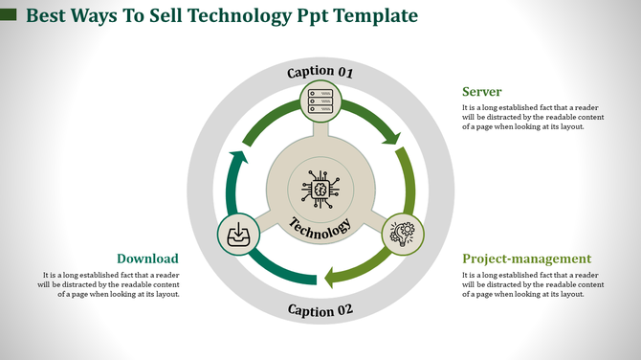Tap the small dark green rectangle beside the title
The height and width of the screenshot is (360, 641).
point(9,15)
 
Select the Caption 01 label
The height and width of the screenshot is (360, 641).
point(320,72)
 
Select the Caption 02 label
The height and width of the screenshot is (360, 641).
point(320,310)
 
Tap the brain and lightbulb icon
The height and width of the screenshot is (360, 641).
point(403,233)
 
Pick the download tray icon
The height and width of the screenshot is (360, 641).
point(237,234)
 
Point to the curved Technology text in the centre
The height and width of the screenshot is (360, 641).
point(320,229)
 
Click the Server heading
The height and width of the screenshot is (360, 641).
point(482,92)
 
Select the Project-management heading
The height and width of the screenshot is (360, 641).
point(526,259)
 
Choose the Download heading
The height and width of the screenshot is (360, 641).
point(147,259)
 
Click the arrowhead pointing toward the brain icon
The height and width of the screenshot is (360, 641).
point(390,138)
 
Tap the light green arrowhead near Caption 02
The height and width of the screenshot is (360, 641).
point(330,278)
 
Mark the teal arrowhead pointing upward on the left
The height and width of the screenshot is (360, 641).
point(239,158)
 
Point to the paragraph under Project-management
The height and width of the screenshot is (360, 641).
point(532,284)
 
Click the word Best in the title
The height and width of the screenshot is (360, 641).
point(49,16)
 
